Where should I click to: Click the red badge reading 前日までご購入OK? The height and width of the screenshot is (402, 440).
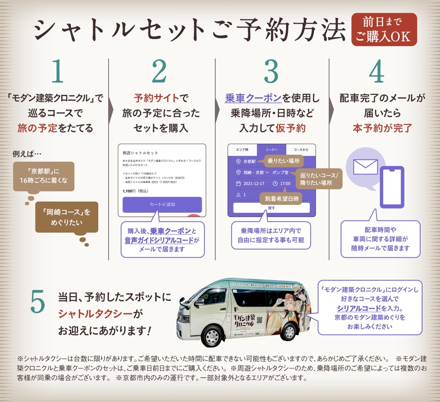click(x=384, y=29)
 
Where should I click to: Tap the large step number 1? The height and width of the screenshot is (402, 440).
click(x=58, y=72)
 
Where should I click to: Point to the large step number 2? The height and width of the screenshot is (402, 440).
click(x=159, y=72)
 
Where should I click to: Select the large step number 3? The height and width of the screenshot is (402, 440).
click(x=271, y=72)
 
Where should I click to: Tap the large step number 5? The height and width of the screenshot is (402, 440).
click(x=37, y=303)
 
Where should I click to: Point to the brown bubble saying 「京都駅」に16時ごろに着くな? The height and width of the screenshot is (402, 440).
click(x=44, y=176)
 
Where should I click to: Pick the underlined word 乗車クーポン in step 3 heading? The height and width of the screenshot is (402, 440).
click(x=252, y=98)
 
